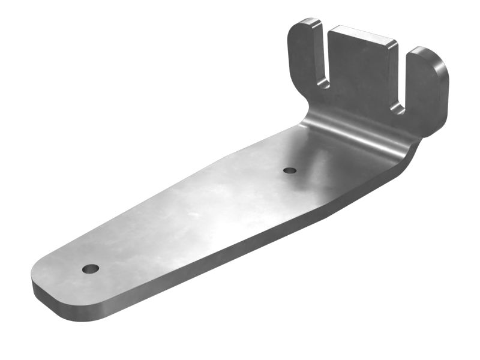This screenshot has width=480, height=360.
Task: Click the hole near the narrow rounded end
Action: (x=91, y=268)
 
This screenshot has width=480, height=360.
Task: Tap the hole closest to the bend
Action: (x=290, y=170)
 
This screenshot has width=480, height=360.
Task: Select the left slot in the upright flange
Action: (x=324, y=60)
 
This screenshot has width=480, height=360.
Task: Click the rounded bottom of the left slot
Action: (x=323, y=84)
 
